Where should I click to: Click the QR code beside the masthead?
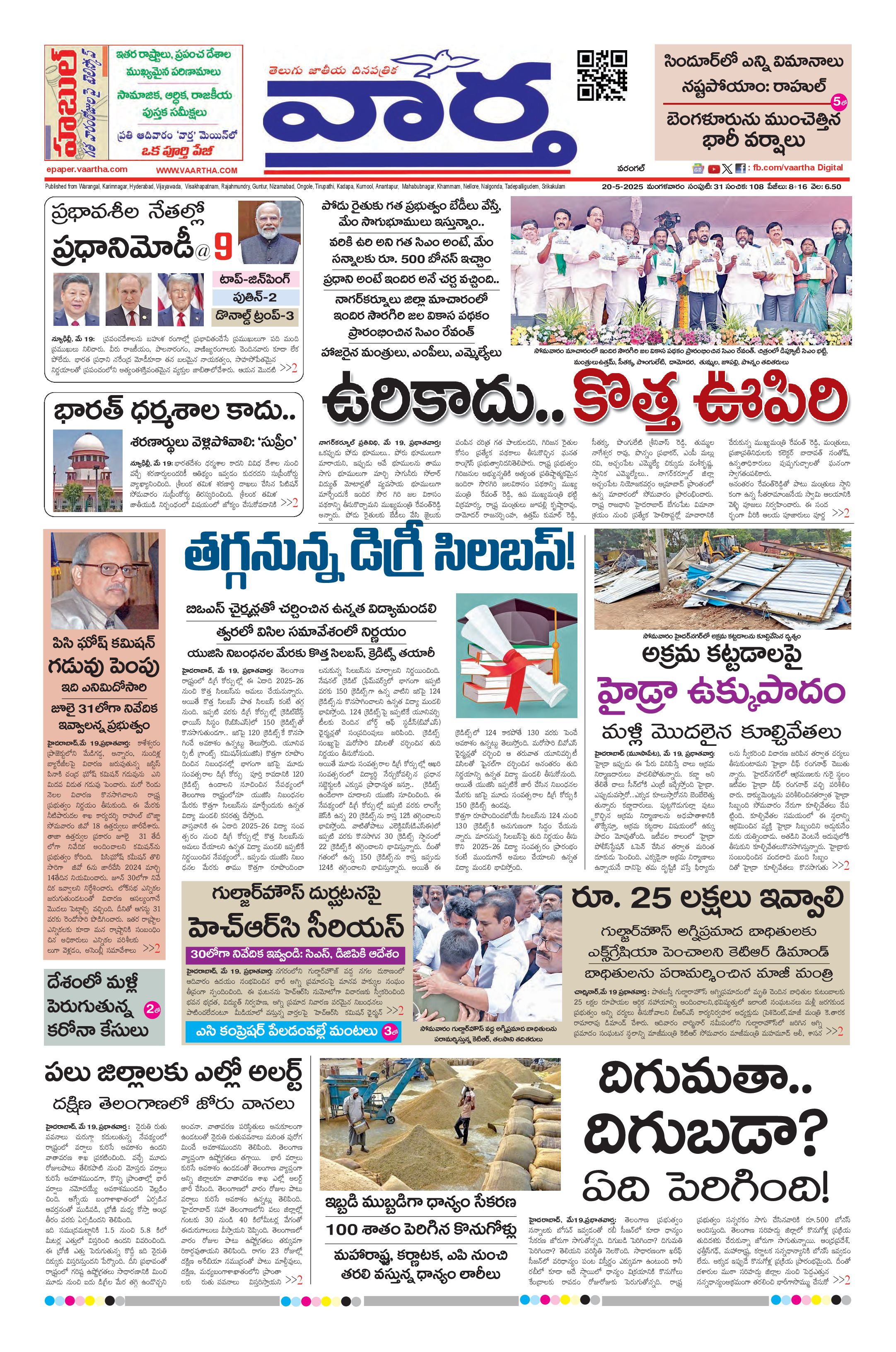tap(602, 75)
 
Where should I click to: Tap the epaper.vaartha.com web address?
tap(86, 169)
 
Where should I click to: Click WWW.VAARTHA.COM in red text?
tap(196, 170)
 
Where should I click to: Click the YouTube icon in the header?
tap(714, 169)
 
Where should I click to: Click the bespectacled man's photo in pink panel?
tap(104, 579)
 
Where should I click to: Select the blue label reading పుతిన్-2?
tap(256, 297)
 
